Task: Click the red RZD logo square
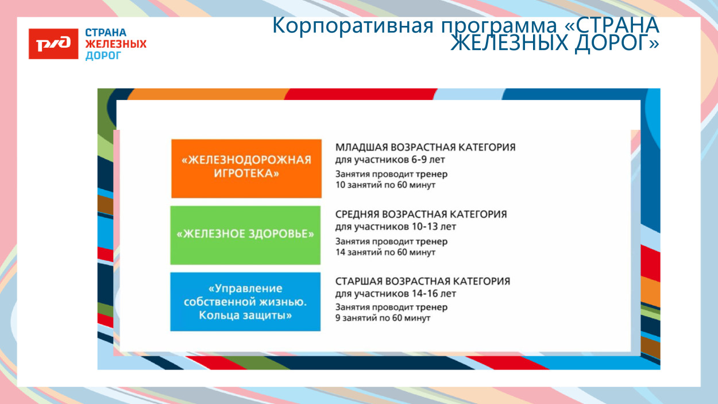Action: [x=53, y=44]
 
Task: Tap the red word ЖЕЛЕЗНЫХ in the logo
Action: [x=115, y=44]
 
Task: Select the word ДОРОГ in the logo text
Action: [x=103, y=56]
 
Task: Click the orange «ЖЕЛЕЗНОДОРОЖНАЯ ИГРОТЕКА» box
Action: [x=246, y=168]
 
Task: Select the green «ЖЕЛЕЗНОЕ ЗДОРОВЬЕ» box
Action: [x=246, y=234]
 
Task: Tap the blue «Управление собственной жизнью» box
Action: [x=245, y=302]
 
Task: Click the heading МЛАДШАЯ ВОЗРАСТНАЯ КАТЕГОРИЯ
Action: [x=425, y=147]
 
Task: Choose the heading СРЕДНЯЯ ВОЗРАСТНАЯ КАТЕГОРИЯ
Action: [x=421, y=214]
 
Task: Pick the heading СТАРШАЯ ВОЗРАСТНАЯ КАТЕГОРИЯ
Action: [x=423, y=282]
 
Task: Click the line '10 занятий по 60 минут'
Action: [x=385, y=185]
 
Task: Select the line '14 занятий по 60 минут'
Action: [x=385, y=252]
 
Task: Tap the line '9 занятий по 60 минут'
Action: [x=383, y=318]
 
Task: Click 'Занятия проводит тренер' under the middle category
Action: [x=391, y=241]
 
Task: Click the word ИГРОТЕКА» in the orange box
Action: [x=246, y=175]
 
